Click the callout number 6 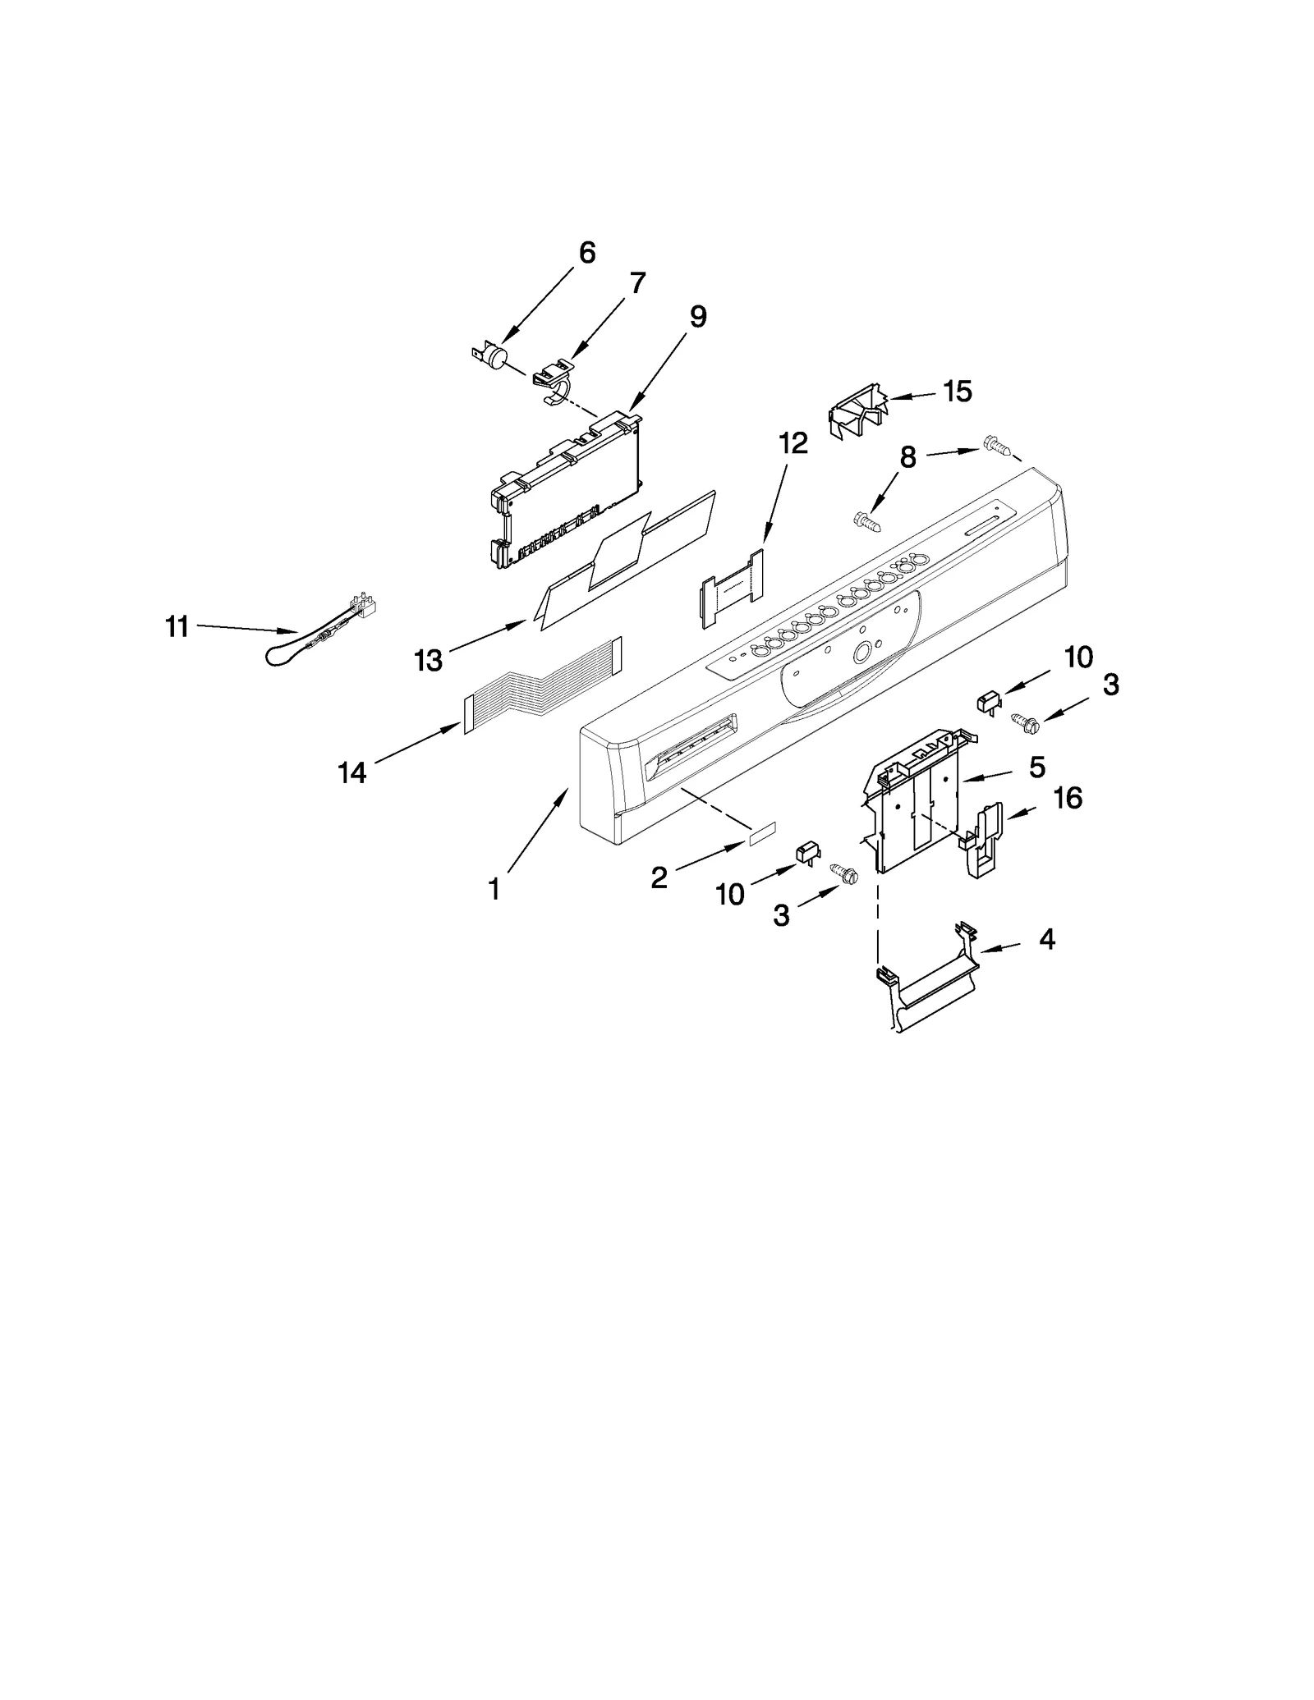tap(586, 253)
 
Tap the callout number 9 tap(697, 317)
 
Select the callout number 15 tap(957, 392)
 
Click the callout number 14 tap(352, 772)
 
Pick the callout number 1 tap(494, 889)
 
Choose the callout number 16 tap(1068, 797)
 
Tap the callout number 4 tap(1046, 939)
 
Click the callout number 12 tap(793, 444)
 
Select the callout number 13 tap(429, 659)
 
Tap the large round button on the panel tap(861, 653)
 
